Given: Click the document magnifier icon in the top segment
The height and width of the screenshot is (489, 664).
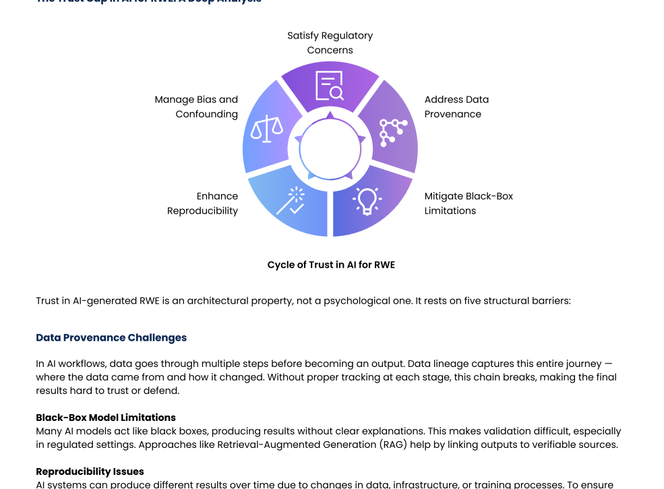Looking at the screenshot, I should point(330,86).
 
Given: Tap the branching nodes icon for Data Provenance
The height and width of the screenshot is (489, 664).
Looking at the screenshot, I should point(392,132).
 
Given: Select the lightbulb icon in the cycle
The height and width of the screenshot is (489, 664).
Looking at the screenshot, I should point(367,200).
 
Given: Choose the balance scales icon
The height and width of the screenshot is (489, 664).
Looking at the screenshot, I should point(266,128).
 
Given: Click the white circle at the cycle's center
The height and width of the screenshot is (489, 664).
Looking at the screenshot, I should point(330,149).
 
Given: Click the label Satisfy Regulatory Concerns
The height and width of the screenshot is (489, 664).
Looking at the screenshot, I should point(330,42).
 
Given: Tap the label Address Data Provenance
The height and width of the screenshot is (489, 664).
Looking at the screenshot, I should point(456,107).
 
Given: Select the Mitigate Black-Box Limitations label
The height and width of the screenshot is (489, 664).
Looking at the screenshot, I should point(468,203).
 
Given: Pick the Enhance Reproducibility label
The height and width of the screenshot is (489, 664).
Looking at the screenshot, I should point(203,203).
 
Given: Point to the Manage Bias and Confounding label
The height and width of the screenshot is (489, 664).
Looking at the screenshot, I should point(196,107).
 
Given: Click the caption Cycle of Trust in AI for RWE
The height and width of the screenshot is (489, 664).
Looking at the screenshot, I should point(331,265).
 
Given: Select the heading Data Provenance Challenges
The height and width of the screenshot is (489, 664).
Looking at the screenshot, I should point(111,338).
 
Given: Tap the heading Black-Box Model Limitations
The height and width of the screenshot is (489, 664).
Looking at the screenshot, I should point(106,418).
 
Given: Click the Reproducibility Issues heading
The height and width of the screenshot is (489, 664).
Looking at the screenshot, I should point(90,471).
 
